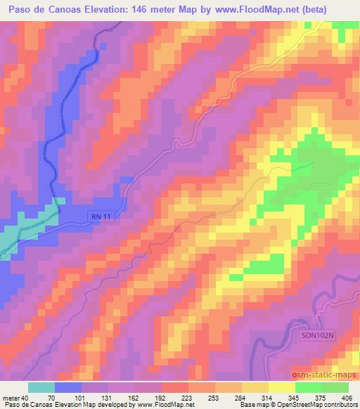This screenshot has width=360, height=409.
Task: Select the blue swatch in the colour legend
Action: click(x=68, y=388)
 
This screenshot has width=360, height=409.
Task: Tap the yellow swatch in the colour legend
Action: click(x=281, y=388)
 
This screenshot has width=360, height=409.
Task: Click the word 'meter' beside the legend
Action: click(x=11, y=398)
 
